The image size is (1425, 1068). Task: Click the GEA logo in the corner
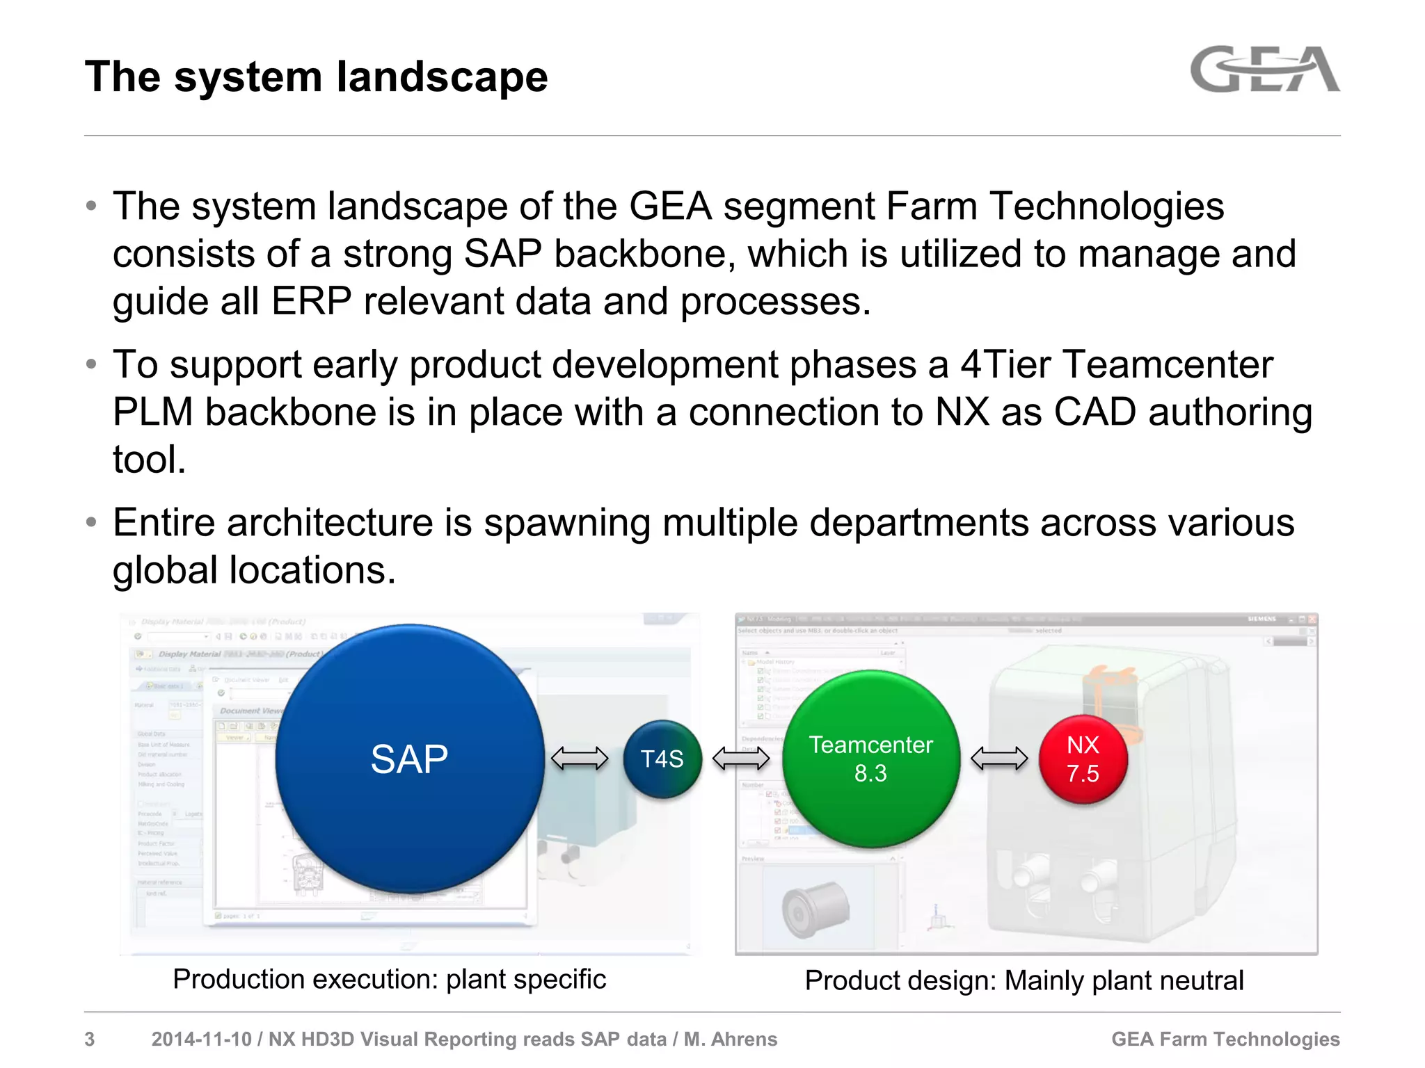click(1264, 70)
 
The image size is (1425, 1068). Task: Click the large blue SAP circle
click(409, 759)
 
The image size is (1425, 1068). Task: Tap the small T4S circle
click(662, 759)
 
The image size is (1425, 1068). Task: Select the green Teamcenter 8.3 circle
click(870, 759)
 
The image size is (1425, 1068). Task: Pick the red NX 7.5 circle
click(1083, 759)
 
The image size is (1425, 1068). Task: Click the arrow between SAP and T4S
click(580, 759)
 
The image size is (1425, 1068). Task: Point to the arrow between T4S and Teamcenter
click(741, 759)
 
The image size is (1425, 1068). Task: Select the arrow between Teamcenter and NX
click(999, 759)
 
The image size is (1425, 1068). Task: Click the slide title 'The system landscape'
click(316, 76)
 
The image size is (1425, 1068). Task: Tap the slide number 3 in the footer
click(90, 1039)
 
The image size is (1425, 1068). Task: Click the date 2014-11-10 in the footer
click(201, 1039)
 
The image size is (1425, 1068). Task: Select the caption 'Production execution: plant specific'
click(389, 979)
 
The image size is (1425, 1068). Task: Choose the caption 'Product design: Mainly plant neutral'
click(1024, 980)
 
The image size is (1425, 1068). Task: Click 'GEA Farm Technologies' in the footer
click(1225, 1039)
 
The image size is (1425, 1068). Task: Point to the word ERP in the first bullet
click(311, 302)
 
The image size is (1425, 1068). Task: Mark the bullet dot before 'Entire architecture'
click(91, 522)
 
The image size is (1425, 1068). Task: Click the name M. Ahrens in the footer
click(731, 1039)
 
